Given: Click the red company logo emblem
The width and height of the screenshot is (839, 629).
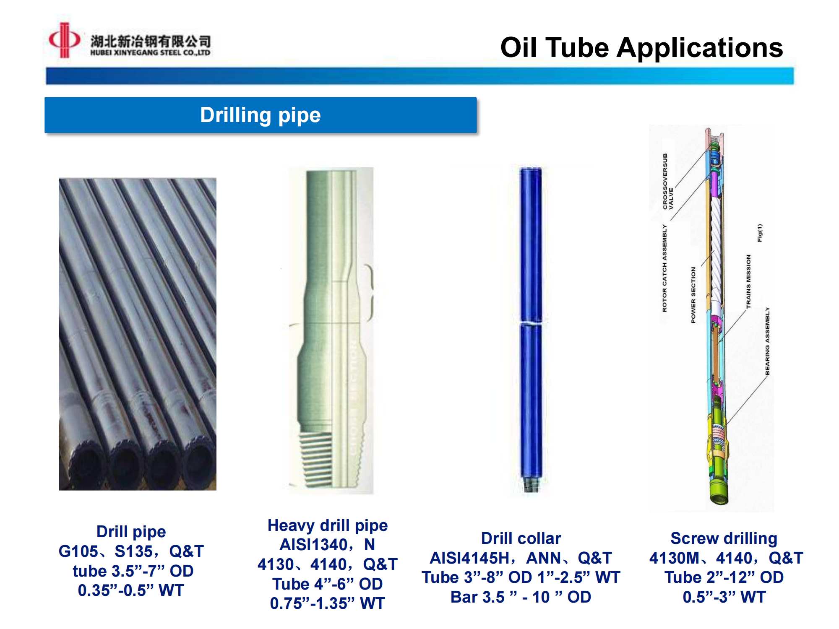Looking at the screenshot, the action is (x=64, y=40).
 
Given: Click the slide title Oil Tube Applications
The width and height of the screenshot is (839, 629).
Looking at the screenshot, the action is (x=641, y=47).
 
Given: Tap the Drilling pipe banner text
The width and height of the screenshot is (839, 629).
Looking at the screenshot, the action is (x=260, y=115).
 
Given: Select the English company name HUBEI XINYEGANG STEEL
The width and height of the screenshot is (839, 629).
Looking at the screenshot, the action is (x=150, y=52).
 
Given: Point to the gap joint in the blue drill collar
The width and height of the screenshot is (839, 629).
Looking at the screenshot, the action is (x=531, y=323).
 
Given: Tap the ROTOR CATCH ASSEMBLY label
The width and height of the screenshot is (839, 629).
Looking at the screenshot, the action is (x=664, y=268).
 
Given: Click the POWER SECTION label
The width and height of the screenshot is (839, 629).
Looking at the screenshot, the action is (x=693, y=295).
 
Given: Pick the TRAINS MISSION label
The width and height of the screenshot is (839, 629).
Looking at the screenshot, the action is (x=748, y=281).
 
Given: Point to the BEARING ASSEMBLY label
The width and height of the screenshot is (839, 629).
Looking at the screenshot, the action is (x=767, y=341).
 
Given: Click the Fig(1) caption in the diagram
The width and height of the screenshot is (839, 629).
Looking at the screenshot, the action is (x=760, y=233).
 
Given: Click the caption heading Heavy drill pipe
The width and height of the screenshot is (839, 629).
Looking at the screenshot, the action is (x=328, y=525).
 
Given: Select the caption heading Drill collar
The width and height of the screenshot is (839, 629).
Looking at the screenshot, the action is (x=521, y=538).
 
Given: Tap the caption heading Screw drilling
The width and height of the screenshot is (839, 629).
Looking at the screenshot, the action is (x=724, y=538).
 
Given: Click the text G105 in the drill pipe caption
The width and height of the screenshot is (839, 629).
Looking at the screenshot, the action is (x=78, y=551).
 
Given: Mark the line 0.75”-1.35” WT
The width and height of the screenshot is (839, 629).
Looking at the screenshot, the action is (x=328, y=603).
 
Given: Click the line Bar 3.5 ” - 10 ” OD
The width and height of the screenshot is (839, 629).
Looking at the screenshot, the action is (x=521, y=597).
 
